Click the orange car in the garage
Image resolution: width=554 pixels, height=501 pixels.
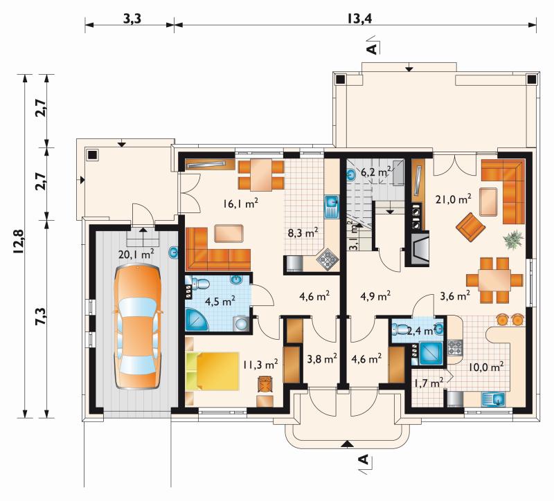138,327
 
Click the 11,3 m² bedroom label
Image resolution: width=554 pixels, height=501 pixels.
260,364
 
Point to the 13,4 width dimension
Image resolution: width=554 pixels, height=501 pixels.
359,19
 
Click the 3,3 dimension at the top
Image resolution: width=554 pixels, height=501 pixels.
132,19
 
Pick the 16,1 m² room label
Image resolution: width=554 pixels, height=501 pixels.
240,203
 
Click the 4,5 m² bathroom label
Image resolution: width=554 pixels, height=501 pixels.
220,301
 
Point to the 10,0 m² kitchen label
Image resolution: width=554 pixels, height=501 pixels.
486,367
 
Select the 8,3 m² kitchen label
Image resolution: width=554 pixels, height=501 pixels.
303,233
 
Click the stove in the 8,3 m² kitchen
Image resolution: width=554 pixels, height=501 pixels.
328,260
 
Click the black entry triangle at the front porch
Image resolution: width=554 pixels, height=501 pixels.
348,444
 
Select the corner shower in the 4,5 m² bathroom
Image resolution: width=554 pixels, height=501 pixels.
197,320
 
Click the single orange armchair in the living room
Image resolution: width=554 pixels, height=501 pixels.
470,227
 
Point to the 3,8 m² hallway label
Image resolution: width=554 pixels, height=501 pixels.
322,359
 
